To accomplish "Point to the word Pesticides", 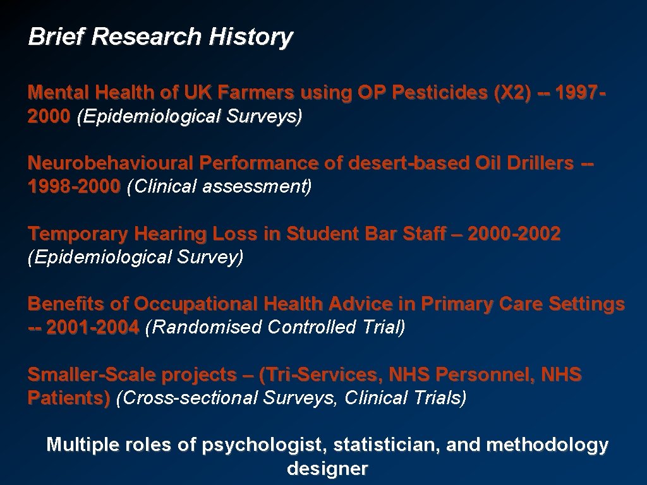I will pyautogui.click(x=437, y=93).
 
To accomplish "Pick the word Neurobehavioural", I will pyautogui.click(x=111, y=164).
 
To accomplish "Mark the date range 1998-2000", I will pyautogui.click(x=74, y=187).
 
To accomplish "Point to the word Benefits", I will pyautogui.click(x=66, y=304).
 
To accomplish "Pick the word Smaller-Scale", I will pyautogui.click(x=92, y=375).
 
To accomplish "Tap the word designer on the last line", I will pyautogui.click(x=327, y=469).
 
